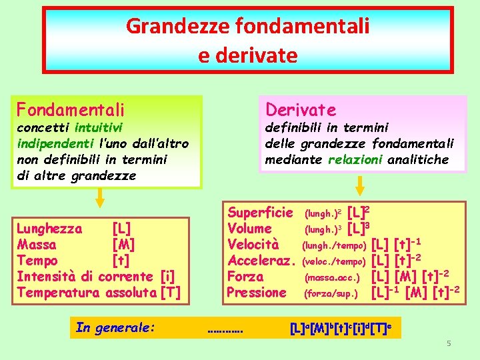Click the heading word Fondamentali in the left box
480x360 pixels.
[71, 109]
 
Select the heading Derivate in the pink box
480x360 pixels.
[301, 109]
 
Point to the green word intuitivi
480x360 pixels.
[98, 127]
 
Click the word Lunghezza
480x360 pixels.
[49, 229]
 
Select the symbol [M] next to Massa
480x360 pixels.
[124, 244]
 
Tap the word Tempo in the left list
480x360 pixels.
[37, 260]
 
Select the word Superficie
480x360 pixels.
[260, 213]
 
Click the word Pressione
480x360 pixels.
[257, 292]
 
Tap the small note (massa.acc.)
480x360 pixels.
[332, 277]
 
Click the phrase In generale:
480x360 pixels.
[115, 327]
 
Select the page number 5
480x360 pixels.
[449, 343]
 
